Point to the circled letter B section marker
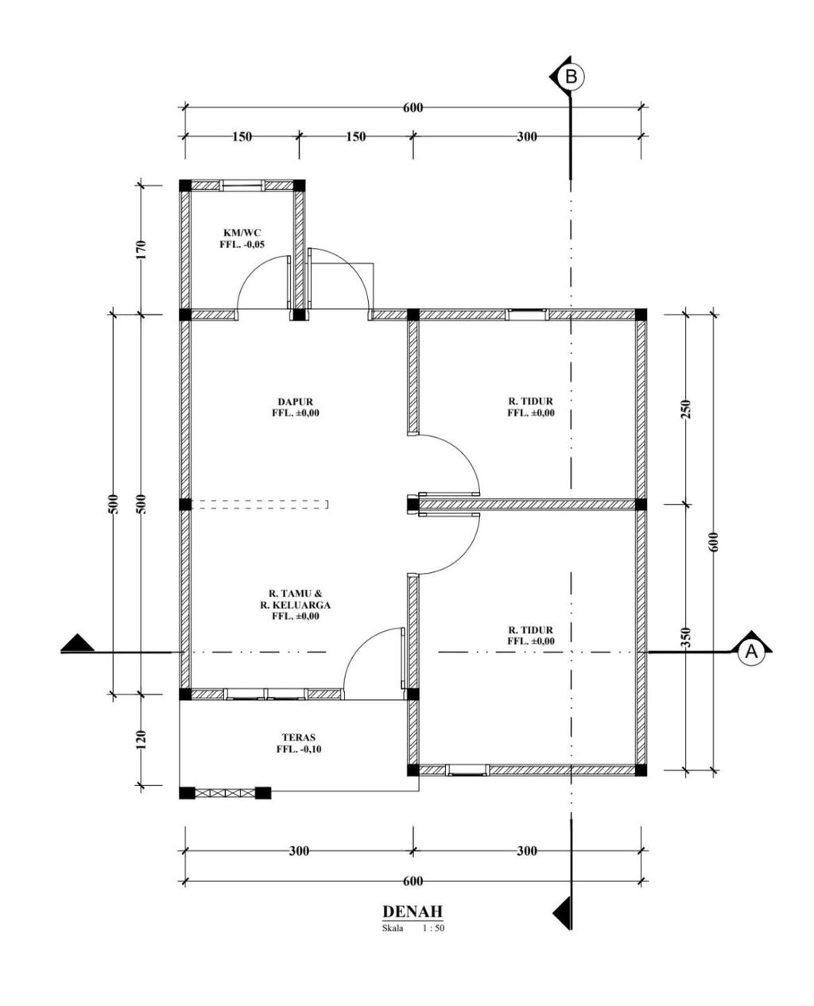571,76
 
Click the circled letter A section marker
750,652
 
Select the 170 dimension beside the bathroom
141,250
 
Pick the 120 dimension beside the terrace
141,740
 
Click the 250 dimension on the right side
687,409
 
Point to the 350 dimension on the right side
687,637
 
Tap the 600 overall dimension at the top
413,108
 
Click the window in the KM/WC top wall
242,186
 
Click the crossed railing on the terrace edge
225,793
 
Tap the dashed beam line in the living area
259,505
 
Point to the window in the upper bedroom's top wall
526,314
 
